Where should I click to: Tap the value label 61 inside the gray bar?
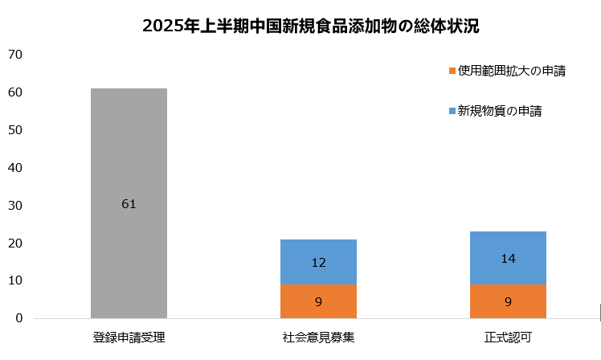(129, 204)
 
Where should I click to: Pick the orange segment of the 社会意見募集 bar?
(318, 301)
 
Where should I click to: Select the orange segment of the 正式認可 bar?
(508, 301)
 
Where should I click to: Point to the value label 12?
(318, 262)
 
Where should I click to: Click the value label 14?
(508, 259)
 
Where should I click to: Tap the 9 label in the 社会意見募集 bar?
(318, 302)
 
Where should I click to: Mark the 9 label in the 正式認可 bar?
(508, 302)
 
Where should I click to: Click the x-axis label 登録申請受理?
(129, 337)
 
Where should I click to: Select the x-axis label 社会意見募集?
(318, 337)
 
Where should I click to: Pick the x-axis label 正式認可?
(508, 337)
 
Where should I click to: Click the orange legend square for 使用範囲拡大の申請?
(453, 71)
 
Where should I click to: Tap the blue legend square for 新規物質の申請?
(453, 111)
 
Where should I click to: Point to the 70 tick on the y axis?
(16, 55)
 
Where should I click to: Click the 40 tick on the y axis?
(16, 168)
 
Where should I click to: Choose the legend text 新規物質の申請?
(500, 111)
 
